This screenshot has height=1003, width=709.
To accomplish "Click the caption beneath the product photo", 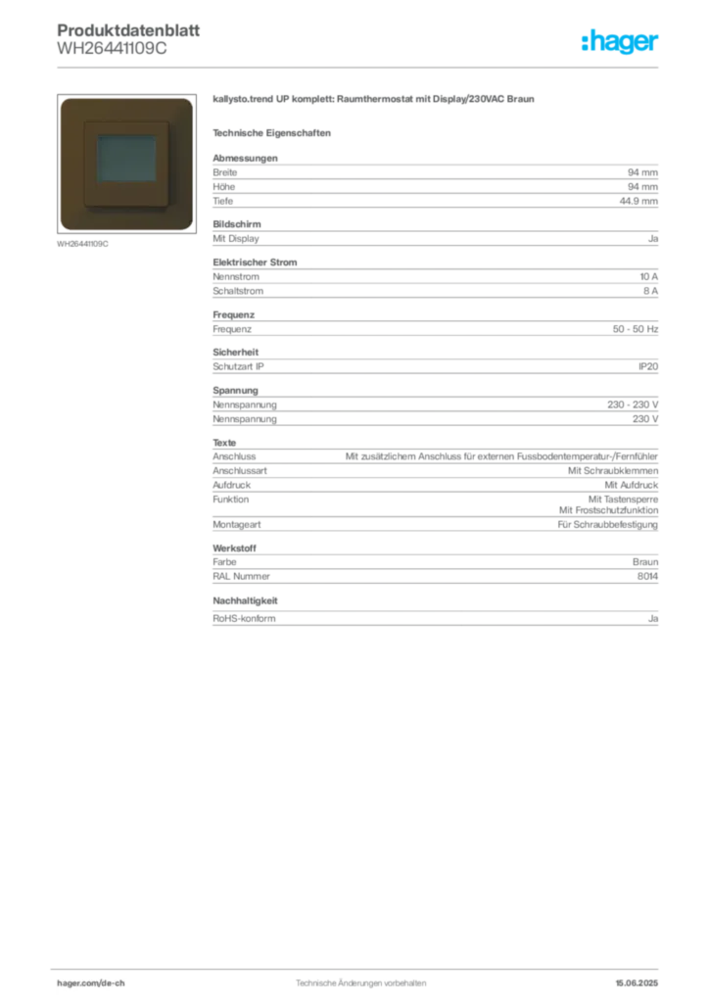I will [x=82, y=244].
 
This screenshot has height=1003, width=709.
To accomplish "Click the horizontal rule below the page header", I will [x=360, y=67].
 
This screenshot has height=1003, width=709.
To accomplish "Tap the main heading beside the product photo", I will [x=375, y=101].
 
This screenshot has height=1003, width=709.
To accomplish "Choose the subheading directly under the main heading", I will [x=274, y=132].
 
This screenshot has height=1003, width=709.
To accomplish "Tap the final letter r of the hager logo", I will [x=655, y=44].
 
